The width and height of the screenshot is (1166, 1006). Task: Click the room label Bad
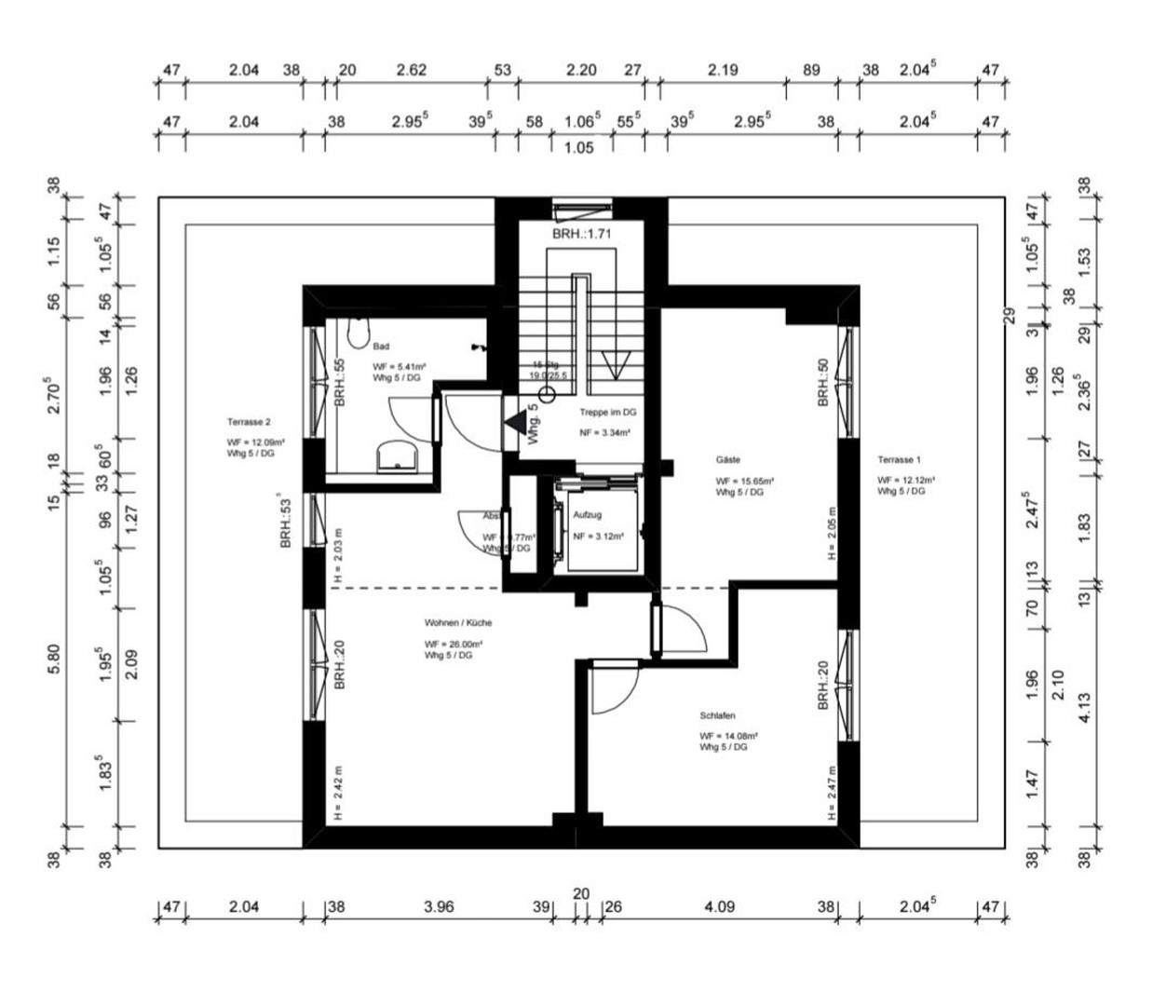(381, 347)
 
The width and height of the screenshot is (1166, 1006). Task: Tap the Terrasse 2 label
(249, 422)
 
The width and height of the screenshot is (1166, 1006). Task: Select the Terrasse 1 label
(899, 460)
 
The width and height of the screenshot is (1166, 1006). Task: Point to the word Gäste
(728, 460)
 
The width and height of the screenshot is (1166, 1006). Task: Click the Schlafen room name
(717, 716)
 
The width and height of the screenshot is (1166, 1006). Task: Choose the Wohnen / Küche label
(458, 623)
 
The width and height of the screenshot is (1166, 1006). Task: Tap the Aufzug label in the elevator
(588, 515)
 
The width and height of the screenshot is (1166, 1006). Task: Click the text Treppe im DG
(607, 413)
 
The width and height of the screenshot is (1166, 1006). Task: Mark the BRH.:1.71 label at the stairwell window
(581, 235)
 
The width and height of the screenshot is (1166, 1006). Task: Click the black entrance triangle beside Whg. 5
(513, 422)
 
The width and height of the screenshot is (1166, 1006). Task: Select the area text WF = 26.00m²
(454, 645)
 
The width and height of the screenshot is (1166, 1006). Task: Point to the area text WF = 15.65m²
(745, 482)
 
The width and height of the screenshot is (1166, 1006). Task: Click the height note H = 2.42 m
(338, 793)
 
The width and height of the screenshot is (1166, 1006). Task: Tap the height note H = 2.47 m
(832, 793)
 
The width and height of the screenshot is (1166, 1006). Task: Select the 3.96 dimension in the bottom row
(438, 906)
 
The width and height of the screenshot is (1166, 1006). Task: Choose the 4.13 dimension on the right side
(1084, 706)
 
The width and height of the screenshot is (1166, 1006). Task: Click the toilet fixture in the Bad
(359, 333)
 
